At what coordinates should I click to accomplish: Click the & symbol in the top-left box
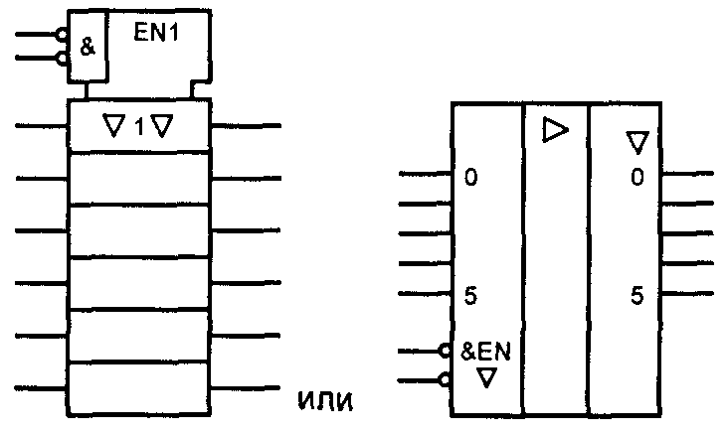(x=88, y=47)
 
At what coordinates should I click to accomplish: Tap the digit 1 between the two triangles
(x=139, y=126)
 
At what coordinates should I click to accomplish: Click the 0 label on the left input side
(x=470, y=178)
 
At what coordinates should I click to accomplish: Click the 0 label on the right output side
(x=636, y=178)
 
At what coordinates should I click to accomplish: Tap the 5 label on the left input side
(x=470, y=294)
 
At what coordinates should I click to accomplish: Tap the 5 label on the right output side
(x=636, y=294)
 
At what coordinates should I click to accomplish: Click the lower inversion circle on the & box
(x=62, y=58)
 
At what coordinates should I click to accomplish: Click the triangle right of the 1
(x=163, y=126)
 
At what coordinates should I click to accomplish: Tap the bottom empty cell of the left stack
(x=139, y=388)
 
